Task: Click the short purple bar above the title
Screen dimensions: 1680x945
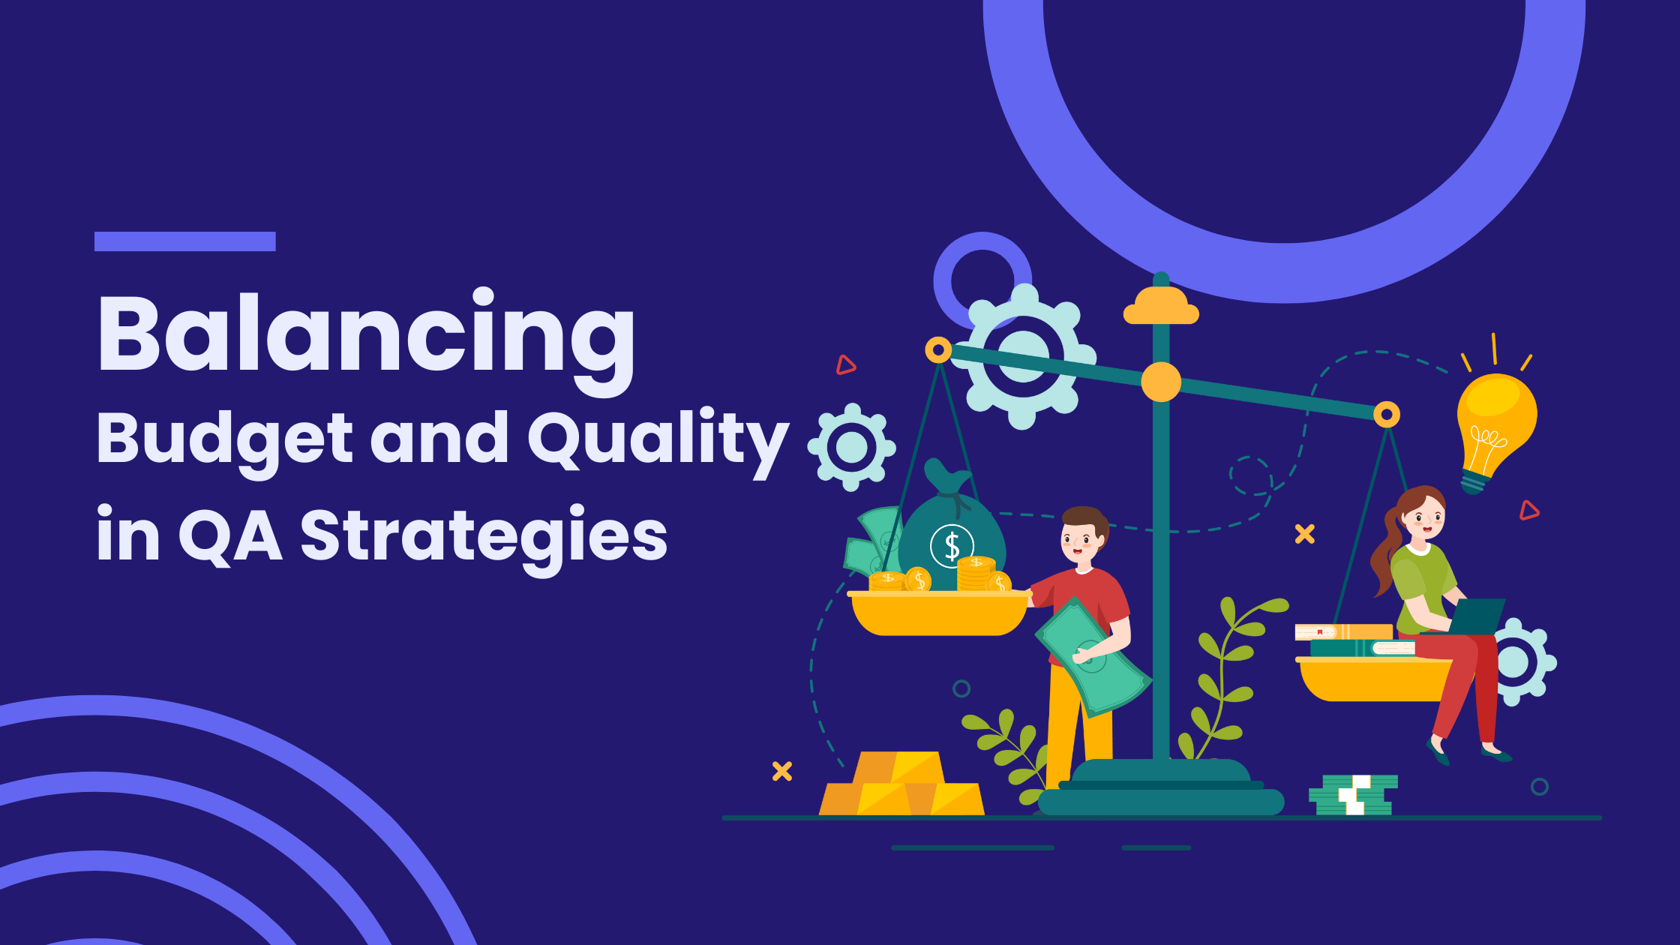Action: click(x=185, y=241)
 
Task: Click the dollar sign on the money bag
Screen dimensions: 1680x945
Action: click(x=952, y=546)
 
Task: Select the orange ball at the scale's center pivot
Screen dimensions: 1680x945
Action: click(x=1161, y=382)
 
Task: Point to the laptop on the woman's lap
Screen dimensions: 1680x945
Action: click(x=1474, y=616)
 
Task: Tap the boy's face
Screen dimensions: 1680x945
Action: click(x=1081, y=541)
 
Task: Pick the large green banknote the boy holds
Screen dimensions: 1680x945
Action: click(x=1093, y=656)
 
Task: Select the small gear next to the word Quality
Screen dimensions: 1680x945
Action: click(x=851, y=447)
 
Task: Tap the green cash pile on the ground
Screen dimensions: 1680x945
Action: click(x=1353, y=795)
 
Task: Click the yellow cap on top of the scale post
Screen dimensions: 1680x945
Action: click(x=1161, y=305)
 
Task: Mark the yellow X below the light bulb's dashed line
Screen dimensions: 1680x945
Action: click(x=1305, y=534)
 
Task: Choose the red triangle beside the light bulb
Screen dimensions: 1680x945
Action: click(x=1528, y=511)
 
